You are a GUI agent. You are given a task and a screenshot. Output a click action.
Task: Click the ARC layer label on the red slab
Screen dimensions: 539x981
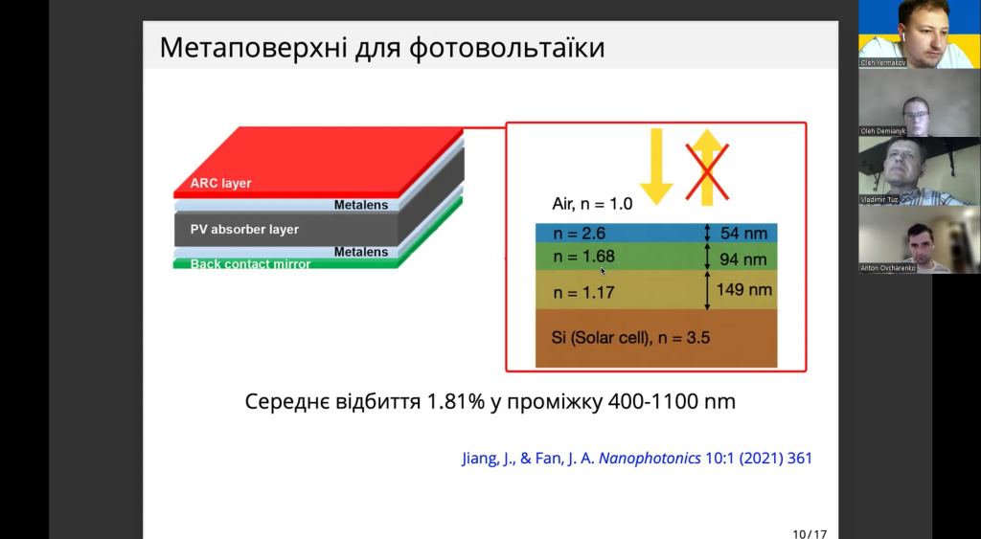221,183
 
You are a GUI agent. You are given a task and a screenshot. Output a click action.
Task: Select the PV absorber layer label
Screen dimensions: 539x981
244,230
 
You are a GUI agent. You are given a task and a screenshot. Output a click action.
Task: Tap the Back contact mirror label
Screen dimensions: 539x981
251,263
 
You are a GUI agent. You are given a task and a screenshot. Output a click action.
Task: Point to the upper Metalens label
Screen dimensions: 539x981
360,205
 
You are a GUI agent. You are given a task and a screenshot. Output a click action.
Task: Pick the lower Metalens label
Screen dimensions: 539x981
360,252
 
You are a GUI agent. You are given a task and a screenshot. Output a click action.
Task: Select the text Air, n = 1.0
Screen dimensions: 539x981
593,203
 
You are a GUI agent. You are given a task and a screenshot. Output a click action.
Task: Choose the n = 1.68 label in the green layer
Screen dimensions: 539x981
583,257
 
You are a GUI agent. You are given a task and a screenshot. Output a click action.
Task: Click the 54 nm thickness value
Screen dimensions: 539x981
742,234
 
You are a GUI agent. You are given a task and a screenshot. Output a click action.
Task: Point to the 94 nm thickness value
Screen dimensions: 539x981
742,258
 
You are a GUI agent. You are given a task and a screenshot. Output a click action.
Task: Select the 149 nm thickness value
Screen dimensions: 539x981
743,289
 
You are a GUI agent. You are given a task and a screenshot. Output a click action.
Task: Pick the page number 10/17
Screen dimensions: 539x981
810,532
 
